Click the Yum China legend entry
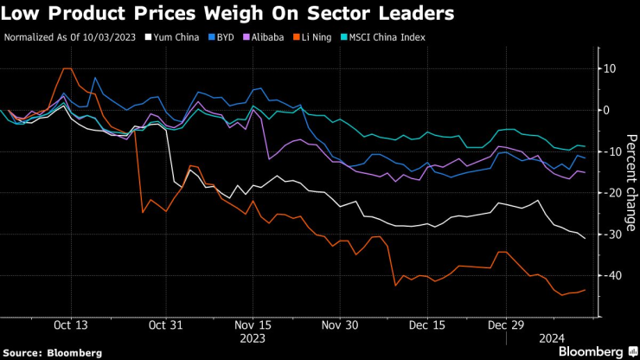click(176, 38)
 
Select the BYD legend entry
click(224, 38)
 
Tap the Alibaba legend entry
click(270, 38)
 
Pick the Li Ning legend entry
click(321, 38)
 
